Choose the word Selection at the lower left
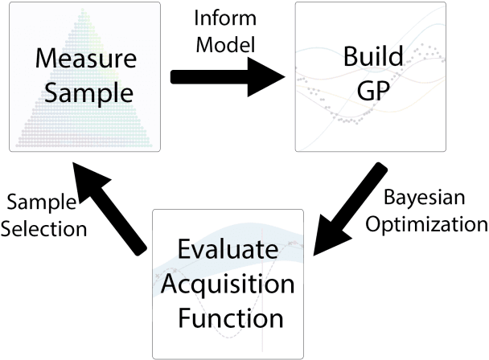point(44,228)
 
